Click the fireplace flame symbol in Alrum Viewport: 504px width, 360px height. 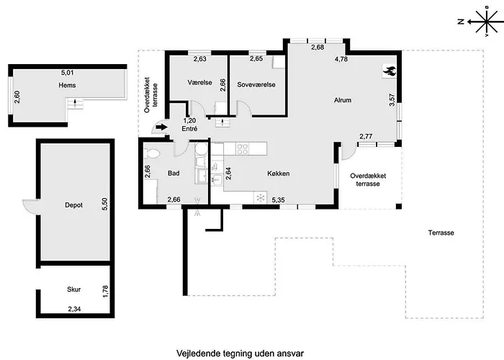coord(390,71)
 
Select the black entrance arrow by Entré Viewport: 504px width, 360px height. coord(161,127)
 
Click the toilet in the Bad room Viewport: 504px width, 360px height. coord(150,153)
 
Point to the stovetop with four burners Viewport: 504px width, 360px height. coord(243,148)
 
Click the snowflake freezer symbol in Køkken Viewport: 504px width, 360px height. coord(261,197)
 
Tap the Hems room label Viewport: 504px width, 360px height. coord(67,85)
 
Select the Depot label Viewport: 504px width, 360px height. coord(73,205)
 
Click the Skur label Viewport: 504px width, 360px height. coord(73,289)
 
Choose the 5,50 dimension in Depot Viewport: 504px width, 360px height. coord(105,204)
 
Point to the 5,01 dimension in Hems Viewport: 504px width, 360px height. coord(67,73)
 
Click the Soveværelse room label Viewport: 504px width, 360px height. coord(256,84)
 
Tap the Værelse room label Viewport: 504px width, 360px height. coord(199,83)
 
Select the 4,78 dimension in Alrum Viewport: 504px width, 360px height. coord(341,59)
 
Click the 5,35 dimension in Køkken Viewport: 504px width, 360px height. coord(279,200)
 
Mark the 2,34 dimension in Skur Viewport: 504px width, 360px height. coord(74,309)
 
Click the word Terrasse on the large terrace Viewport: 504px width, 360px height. coord(441,233)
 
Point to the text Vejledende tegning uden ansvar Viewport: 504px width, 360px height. coord(240,354)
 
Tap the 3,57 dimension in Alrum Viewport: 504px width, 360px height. coord(392,100)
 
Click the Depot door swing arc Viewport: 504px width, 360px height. coord(30,207)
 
